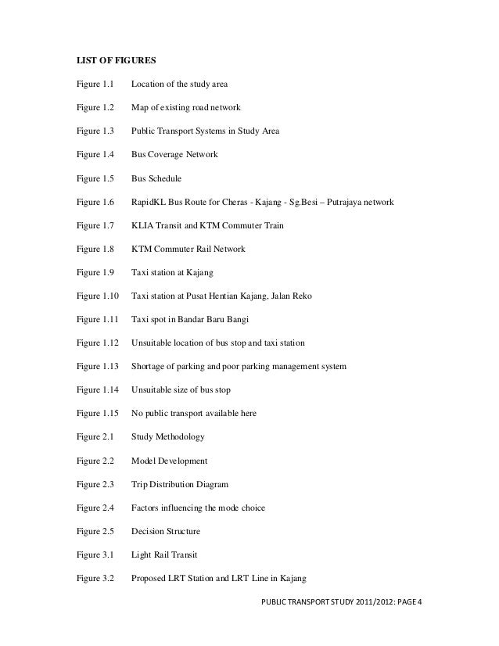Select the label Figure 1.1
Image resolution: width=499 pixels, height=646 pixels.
(95, 83)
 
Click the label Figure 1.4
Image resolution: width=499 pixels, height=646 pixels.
(95, 155)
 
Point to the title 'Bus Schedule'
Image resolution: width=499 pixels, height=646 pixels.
(156, 178)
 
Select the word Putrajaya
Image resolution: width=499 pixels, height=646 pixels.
(345, 203)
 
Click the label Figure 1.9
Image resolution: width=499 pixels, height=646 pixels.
(95, 273)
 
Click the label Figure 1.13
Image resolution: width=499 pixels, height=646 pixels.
(97, 367)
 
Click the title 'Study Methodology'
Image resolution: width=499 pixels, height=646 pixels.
(168, 437)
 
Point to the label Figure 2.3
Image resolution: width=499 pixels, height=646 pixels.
(95, 485)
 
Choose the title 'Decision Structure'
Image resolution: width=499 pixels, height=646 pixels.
(166, 532)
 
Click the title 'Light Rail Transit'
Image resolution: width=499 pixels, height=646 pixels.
(164, 555)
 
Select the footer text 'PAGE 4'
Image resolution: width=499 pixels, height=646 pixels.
(404, 603)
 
